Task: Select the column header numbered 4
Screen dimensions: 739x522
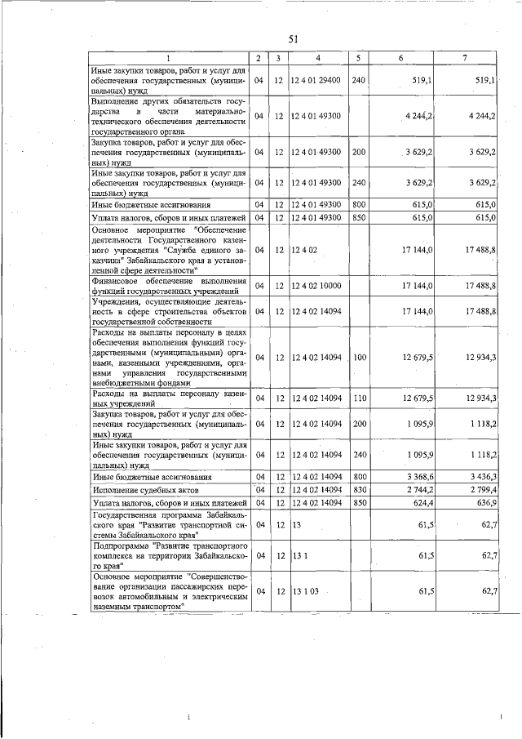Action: pos(318,58)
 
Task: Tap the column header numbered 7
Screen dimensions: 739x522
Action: pos(464,58)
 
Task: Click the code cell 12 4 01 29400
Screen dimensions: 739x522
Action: pos(315,81)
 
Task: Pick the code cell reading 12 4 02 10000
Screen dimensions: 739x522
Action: pos(315,285)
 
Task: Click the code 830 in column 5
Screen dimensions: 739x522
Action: pos(359,489)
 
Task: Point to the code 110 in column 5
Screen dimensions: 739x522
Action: pos(359,398)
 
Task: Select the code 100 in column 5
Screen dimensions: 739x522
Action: pos(359,357)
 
